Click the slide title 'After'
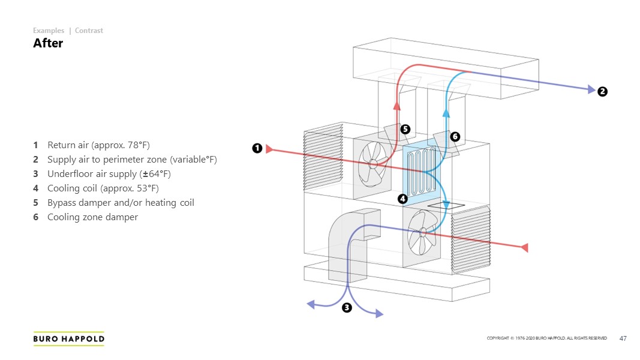48,43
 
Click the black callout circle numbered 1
257,148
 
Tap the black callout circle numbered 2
602,91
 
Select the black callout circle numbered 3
347,308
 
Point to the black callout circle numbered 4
403,198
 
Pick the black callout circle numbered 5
405,129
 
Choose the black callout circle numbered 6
455,137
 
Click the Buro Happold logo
68,339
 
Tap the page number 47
623,339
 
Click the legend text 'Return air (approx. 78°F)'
98,145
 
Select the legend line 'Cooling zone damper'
92,217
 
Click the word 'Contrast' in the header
89,31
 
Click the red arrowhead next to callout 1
269,149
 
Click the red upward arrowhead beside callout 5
396,106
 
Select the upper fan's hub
373,163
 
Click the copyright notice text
546,339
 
